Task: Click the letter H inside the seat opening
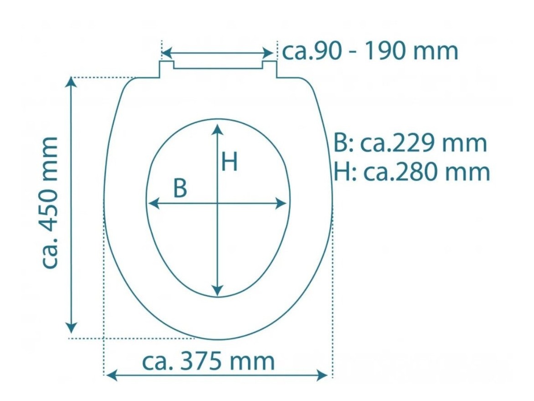pyautogui.click(x=229, y=162)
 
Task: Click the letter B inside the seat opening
pyautogui.click(x=180, y=188)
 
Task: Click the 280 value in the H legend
pyautogui.click(x=413, y=172)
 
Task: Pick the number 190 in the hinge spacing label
pyautogui.click(x=387, y=51)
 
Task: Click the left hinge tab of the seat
pyautogui.click(x=167, y=69)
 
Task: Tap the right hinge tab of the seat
pyautogui.click(x=269, y=69)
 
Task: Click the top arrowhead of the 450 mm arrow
pyautogui.click(x=71, y=82)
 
